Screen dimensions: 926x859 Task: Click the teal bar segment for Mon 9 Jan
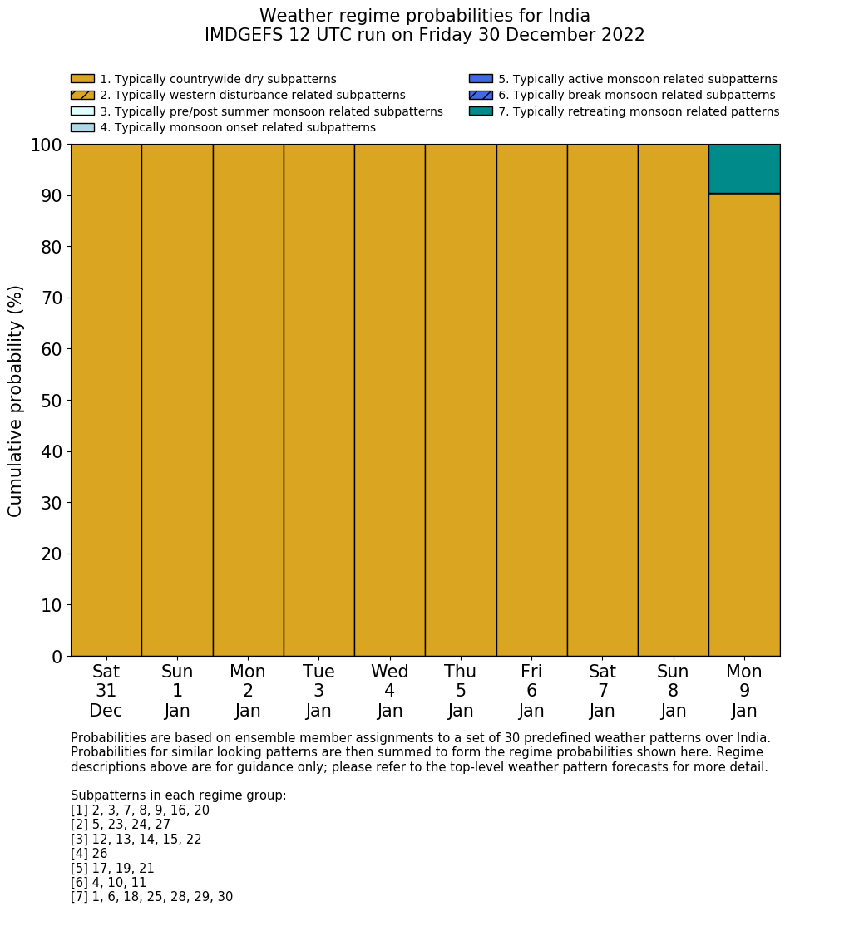pos(744,169)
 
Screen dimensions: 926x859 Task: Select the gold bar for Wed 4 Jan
pos(389,400)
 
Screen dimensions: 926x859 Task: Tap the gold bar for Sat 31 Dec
pos(106,400)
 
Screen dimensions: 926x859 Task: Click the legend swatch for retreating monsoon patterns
pos(481,111)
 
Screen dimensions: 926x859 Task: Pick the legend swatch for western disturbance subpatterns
pos(82,96)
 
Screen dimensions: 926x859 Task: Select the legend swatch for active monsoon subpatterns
pos(481,79)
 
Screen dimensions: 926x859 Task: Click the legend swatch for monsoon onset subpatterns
pos(82,127)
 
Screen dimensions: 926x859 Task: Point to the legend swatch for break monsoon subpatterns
pos(481,96)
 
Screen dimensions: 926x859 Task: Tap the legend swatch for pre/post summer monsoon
pos(82,111)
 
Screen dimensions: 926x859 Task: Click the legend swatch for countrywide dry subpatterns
pos(82,79)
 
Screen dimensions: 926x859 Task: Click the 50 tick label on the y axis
pos(52,401)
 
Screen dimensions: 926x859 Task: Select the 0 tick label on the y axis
pos(57,657)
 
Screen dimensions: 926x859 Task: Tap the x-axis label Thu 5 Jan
pos(461,691)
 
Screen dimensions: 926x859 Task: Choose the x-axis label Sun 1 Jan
pos(177,691)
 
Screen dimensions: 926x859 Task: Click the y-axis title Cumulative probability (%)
pos(16,401)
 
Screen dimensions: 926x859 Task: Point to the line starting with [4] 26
pos(89,854)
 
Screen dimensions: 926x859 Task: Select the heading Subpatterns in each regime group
pos(178,795)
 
